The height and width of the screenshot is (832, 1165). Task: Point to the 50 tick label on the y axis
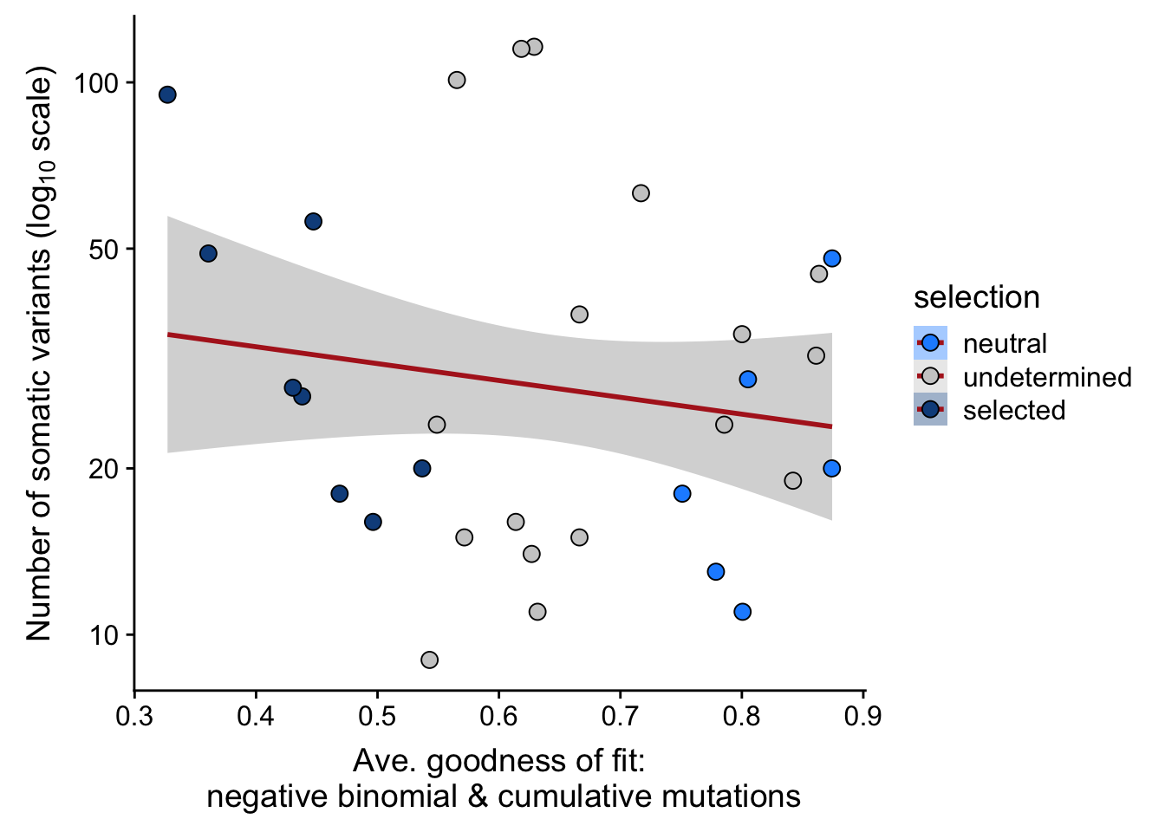[x=104, y=250]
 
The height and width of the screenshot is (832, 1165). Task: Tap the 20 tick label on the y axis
[x=104, y=469]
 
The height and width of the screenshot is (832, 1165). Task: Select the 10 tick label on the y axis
[x=104, y=635]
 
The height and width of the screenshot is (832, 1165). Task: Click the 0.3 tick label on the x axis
[x=134, y=717]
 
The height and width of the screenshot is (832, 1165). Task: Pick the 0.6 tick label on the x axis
[x=498, y=717]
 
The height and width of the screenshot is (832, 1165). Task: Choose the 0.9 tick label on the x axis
[x=863, y=717]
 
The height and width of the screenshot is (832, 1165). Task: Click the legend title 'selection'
[x=976, y=297]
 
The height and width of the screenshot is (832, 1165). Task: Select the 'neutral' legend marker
[x=930, y=343]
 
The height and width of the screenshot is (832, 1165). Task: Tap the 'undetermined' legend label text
[x=1047, y=377]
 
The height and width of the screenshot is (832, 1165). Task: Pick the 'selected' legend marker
[x=930, y=409]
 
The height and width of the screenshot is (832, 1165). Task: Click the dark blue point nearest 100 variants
[x=167, y=94]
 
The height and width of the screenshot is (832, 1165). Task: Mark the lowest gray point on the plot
[x=429, y=660]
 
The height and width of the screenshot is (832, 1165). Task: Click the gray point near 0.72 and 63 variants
[x=641, y=193]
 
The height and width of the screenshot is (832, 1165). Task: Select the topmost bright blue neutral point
[x=832, y=258]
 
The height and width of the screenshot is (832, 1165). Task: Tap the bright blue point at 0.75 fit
[x=682, y=494]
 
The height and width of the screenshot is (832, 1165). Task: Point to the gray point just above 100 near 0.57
[x=457, y=81]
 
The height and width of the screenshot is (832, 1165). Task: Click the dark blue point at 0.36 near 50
[x=208, y=254]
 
